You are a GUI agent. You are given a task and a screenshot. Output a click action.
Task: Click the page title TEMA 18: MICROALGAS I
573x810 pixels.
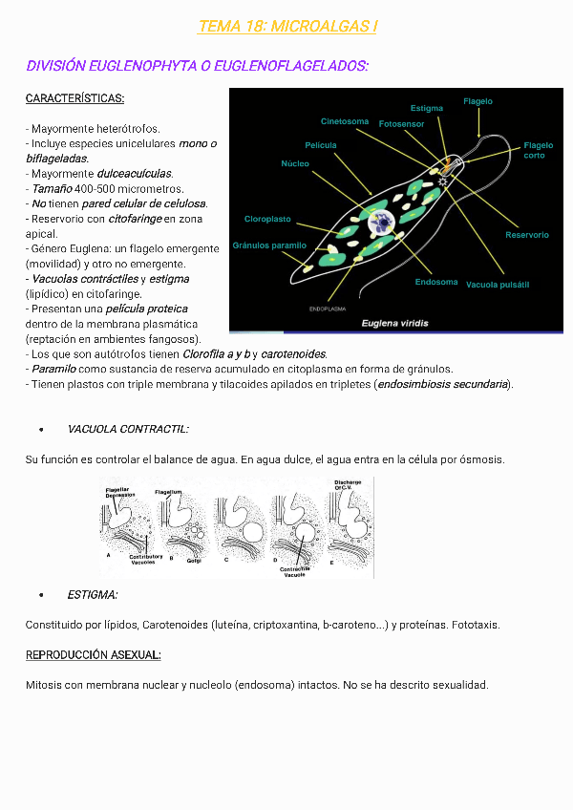(287, 27)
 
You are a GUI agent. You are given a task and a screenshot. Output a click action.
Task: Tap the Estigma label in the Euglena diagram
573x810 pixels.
(426, 109)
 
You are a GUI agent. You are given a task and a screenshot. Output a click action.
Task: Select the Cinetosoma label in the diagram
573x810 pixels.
(345, 121)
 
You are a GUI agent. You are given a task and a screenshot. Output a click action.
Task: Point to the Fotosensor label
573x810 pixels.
(401, 124)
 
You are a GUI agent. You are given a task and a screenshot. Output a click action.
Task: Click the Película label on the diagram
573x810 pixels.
(321, 145)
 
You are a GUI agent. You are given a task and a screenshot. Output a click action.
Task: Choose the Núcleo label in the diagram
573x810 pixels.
(295, 163)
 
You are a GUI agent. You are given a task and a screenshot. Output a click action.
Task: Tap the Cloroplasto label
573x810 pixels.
(267, 220)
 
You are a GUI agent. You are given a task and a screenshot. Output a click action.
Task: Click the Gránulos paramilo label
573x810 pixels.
(269, 245)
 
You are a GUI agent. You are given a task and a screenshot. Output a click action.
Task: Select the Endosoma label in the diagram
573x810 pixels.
(436, 283)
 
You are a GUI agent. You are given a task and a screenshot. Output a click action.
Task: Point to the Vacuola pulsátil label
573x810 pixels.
(498, 285)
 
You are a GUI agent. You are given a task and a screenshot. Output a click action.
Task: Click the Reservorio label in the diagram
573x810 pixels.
(527, 235)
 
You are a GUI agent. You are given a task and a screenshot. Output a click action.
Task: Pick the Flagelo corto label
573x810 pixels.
(538, 150)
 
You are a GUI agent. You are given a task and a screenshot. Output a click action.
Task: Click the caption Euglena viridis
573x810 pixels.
(394, 323)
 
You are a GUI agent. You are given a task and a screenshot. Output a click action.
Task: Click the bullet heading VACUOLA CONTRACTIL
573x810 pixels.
(128, 430)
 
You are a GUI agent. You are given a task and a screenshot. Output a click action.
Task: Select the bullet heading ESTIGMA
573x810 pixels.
(93, 595)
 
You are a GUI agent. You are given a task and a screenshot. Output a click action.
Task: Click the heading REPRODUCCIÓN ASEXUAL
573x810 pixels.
(93, 655)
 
